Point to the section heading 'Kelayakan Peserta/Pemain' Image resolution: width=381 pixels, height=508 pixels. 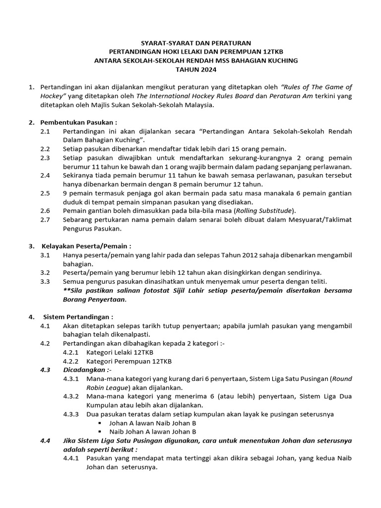tap(86, 246)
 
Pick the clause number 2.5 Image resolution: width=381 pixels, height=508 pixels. tap(45, 193)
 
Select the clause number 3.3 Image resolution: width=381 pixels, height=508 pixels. tap(45, 282)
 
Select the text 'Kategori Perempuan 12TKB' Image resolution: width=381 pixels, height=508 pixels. tap(129, 361)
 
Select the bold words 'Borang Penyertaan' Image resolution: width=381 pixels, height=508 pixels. tap(94, 299)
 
